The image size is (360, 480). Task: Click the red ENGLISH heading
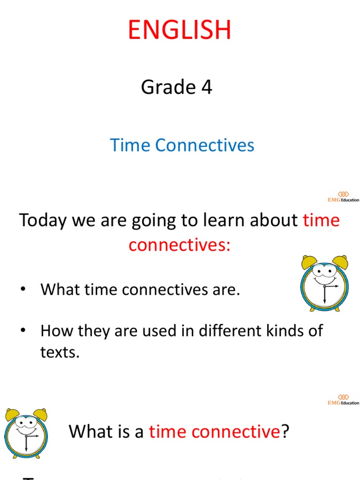180,30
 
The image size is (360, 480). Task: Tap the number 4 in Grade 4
206,88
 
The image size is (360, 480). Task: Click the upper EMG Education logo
343,196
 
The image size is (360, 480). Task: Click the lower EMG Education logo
343,399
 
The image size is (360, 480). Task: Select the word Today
42,220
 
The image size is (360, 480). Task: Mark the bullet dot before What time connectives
22,289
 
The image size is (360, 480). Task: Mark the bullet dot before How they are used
22,330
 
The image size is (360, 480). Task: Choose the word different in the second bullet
226,331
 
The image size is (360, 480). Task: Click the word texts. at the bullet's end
60,352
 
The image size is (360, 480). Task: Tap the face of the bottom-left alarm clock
26,434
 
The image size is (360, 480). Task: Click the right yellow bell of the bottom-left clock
40,414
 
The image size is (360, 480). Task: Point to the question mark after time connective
285,431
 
